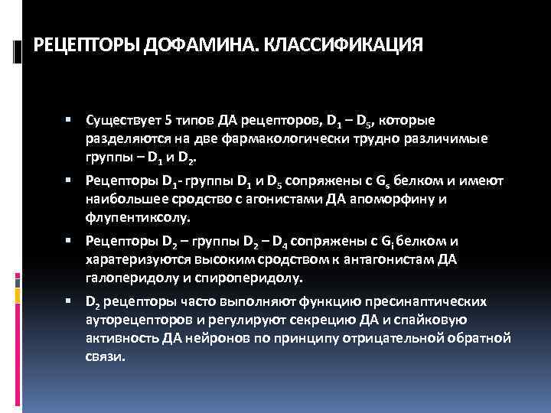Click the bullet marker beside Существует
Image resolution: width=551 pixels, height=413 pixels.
(68, 120)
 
